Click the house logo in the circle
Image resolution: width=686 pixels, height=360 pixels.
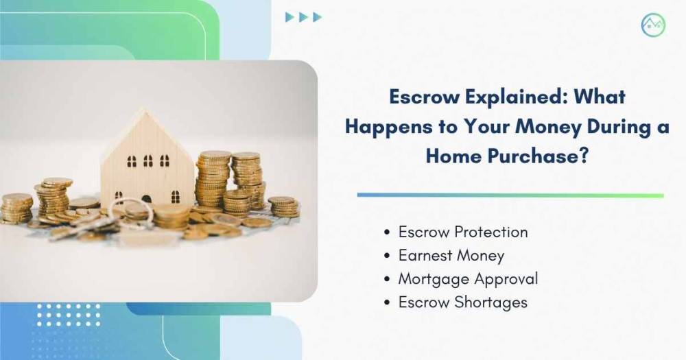653,25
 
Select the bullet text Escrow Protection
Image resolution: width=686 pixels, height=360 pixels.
463,232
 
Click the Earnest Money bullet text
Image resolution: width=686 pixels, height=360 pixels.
451,256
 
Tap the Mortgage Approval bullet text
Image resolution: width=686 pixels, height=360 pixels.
468,279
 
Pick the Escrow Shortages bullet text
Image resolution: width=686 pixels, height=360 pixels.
462,302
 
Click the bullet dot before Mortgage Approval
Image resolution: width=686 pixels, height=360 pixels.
386,279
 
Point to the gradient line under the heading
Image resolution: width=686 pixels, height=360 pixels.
510,195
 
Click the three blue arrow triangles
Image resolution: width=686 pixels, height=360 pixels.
304,17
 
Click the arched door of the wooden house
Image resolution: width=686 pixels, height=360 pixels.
147,199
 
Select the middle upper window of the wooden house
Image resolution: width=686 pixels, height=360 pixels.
148,160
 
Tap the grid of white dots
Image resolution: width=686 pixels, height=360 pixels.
68,315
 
